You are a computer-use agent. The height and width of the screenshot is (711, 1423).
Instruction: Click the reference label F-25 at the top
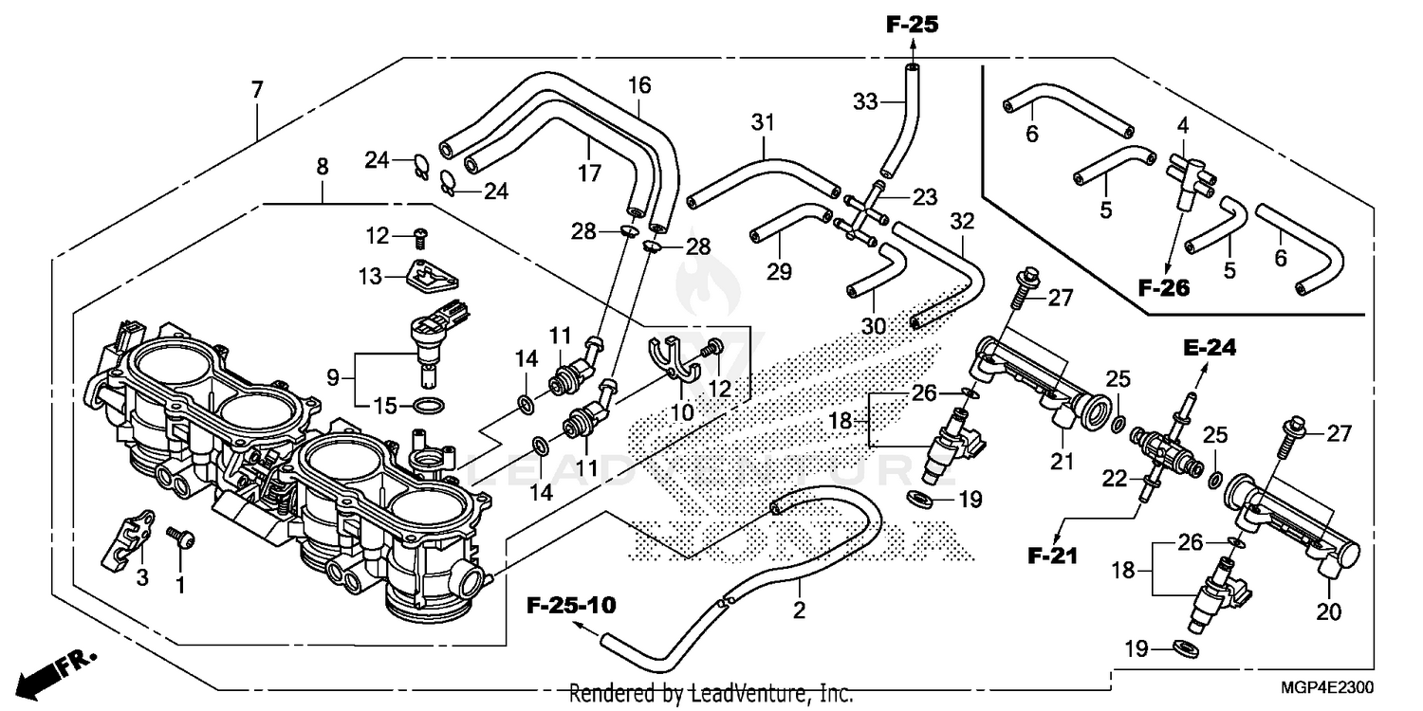coord(912,26)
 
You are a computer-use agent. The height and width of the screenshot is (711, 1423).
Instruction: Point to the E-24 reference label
coord(1205,348)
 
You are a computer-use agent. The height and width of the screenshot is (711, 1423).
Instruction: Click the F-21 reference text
coord(1053,556)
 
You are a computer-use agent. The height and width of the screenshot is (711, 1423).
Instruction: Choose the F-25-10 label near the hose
coord(571,605)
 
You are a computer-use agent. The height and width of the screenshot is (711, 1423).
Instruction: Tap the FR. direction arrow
coord(49,672)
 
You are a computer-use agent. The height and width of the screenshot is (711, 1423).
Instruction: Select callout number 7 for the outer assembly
coord(256,91)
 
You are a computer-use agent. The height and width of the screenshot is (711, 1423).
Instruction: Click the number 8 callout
coord(323,167)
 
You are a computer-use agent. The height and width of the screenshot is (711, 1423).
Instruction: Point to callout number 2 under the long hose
coord(799,611)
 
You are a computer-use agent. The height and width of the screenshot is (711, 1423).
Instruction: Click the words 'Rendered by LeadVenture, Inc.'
coord(711,694)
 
